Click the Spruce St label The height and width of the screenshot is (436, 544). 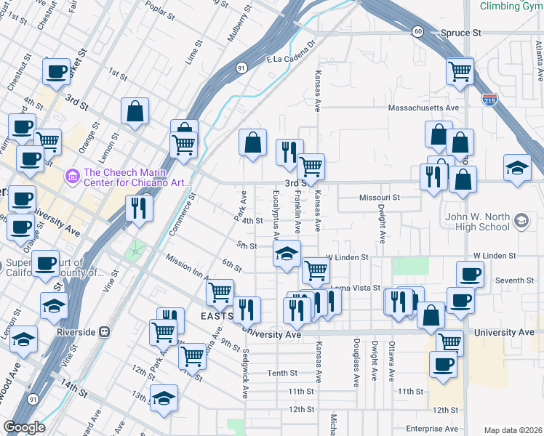pos(461,33)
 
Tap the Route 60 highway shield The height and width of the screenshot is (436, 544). pos(417,31)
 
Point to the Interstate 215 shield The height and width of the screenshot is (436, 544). pos(491,98)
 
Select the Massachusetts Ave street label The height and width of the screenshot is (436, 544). pos(424,108)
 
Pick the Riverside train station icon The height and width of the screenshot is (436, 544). pos(104,332)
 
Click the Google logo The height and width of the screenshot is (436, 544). pos(25,427)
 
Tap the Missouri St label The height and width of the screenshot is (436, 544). pos(380,198)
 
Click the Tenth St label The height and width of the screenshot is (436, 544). pos(283,373)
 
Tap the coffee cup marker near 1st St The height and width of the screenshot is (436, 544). pos(57,72)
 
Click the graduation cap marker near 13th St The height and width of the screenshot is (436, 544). pos(164,397)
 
